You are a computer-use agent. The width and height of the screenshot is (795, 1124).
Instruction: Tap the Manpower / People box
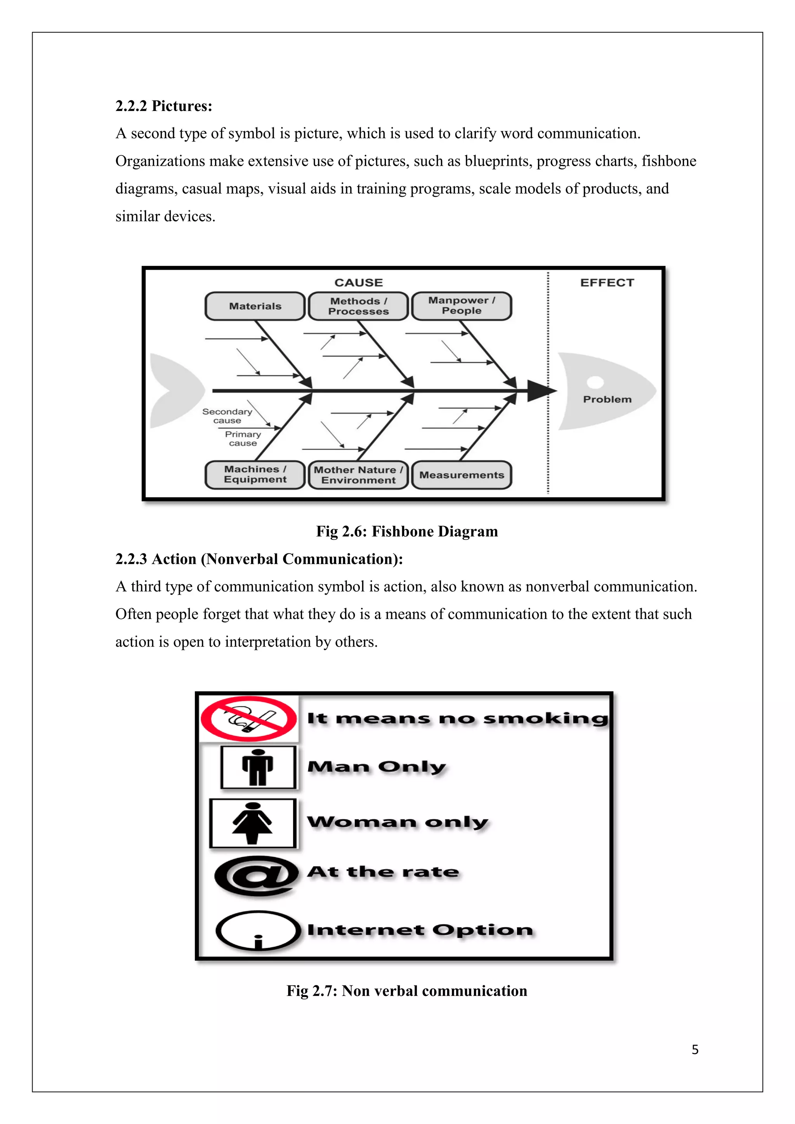[x=462, y=306]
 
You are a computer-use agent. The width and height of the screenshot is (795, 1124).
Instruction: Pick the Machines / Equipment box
[x=255, y=474]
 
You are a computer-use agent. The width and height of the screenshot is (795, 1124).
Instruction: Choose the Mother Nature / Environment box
[x=358, y=475]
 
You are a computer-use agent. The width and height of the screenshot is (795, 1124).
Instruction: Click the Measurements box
[x=462, y=475]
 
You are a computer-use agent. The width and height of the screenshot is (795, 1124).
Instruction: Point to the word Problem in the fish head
[x=607, y=399]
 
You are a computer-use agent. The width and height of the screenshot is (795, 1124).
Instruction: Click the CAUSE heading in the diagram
[x=358, y=283]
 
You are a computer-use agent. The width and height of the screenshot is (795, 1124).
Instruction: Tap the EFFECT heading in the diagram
[x=607, y=283]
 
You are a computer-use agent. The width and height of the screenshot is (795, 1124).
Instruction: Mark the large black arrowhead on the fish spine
[x=541, y=391]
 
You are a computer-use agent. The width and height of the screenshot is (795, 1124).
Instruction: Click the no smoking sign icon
[x=249, y=719]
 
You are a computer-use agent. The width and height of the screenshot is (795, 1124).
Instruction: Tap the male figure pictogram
[x=258, y=767]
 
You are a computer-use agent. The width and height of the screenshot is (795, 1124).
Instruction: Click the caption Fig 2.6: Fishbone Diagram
[x=407, y=531]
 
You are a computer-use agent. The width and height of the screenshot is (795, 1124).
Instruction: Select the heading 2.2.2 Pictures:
[x=163, y=106]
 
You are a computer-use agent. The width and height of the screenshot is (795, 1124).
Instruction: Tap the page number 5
[x=694, y=1049]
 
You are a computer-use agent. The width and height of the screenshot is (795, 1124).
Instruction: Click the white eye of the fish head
[x=595, y=382]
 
